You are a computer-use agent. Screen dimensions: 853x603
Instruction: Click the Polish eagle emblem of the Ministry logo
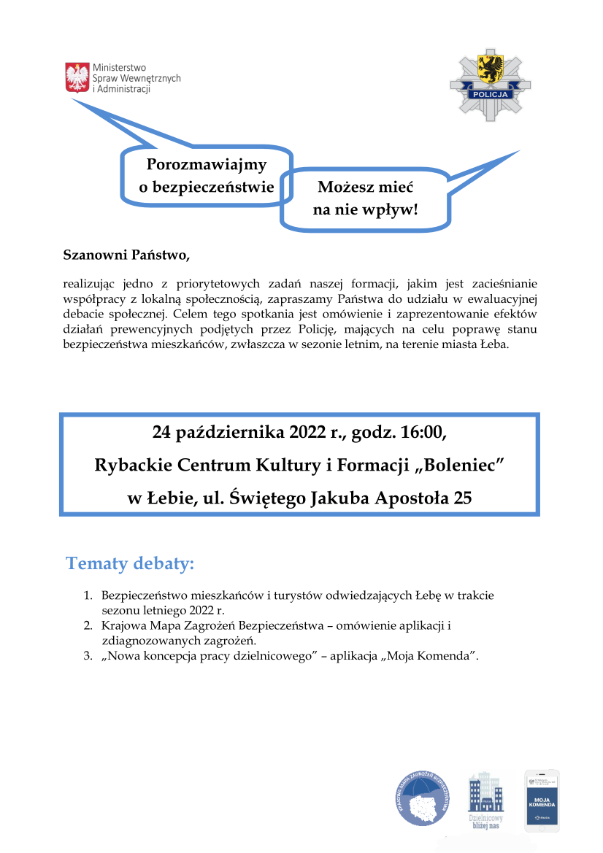[x=77, y=77]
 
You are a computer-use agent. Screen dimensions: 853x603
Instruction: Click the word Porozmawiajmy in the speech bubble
[x=207, y=166]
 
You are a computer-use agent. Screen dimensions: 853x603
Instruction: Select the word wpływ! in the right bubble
[x=395, y=210]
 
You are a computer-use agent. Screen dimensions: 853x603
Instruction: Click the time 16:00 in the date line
[x=420, y=432]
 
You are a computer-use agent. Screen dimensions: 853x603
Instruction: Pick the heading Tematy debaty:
[x=131, y=563]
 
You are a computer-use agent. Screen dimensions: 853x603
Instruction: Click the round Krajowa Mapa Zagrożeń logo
[x=424, y=799]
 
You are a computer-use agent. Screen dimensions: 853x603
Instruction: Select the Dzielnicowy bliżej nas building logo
[x=485, y=799]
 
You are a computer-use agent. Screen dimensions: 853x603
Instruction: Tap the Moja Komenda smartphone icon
[x=542, y=800]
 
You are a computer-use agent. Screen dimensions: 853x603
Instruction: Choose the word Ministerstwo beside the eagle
[x=120, y=68]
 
